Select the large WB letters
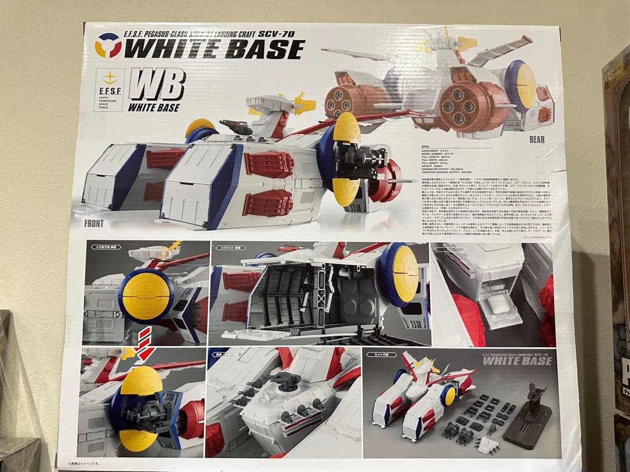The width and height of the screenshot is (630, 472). coord(157,85)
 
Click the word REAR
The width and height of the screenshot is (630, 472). coord(537,140)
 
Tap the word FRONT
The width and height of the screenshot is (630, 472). coord(93,223)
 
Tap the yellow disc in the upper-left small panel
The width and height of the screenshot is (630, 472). coord(145,295)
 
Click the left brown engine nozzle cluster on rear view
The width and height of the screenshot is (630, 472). coord(344,100)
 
